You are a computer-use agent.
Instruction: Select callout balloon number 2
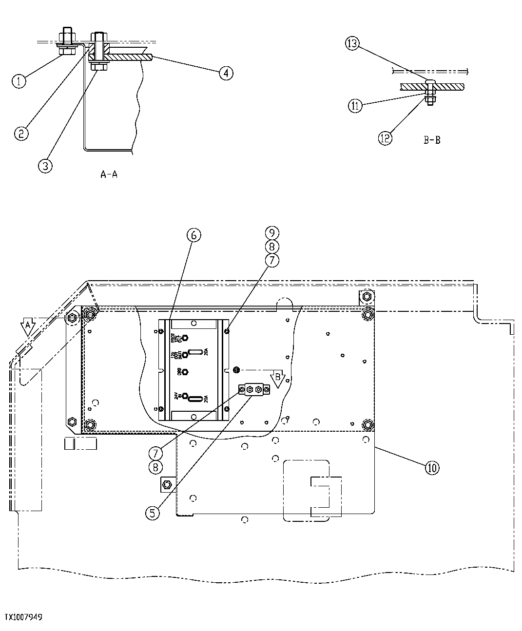[21, 133]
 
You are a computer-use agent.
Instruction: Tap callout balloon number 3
[44, 166]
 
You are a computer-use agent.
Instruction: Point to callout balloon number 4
[226, 73]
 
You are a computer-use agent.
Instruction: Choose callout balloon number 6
[193, 235]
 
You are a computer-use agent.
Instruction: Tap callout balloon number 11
[355, 106]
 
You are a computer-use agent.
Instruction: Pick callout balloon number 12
[385, 138]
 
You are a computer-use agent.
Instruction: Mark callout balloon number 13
[352, 44]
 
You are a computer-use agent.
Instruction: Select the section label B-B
[432, 140]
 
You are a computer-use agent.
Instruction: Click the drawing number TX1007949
[23, 617]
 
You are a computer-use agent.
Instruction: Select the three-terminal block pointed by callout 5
[253, 389]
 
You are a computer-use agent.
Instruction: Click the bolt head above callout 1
[67, 37]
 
